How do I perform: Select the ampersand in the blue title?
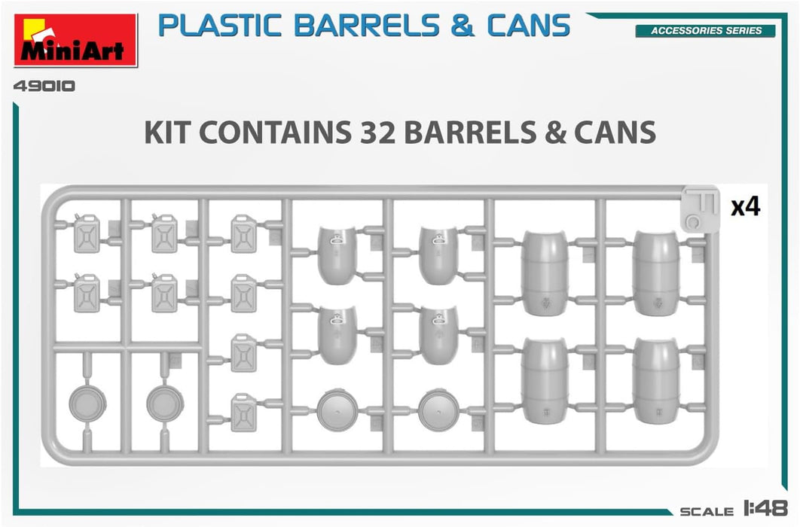click(463, 26)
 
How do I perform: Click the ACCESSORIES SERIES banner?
click(698, 31)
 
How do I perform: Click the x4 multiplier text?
click(746, 207)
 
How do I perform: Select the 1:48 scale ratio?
click(767, 510)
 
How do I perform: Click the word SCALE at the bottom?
click(707, 512)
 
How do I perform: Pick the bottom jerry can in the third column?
click(243, 412)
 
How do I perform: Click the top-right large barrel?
click(656, 273)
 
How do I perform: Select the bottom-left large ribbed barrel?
click(545, 380)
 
